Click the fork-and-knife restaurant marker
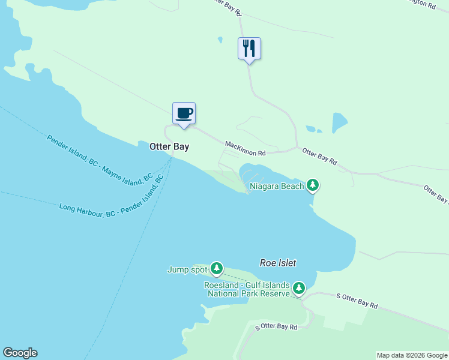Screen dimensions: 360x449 pos(249,49)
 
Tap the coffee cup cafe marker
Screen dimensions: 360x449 pos(184,113)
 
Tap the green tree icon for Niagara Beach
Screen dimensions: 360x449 pos(312,185)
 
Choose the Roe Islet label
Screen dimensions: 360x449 pos(278,263)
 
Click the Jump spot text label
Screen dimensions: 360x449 pos(187,269)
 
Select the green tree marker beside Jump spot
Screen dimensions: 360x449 pos(216,269)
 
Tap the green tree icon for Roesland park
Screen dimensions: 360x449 pos(298,289)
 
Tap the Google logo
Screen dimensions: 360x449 pos(20,353)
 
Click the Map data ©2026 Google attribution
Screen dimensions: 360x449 pos(412,355)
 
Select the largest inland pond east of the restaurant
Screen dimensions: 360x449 pos(340,122)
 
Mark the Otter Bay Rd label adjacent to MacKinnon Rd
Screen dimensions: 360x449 pos(319,157)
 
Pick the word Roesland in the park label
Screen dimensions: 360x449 pos(223,285)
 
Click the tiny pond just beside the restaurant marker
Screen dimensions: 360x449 pos(220,40)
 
